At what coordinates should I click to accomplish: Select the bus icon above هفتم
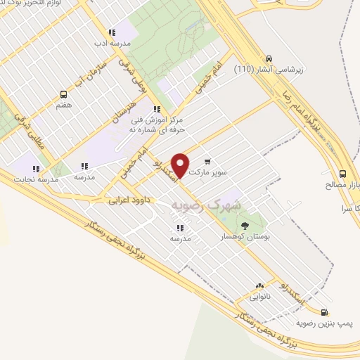64,94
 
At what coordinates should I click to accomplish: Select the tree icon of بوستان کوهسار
245,226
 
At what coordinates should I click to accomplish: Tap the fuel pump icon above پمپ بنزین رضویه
323,312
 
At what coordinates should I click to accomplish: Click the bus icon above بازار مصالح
342,173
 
